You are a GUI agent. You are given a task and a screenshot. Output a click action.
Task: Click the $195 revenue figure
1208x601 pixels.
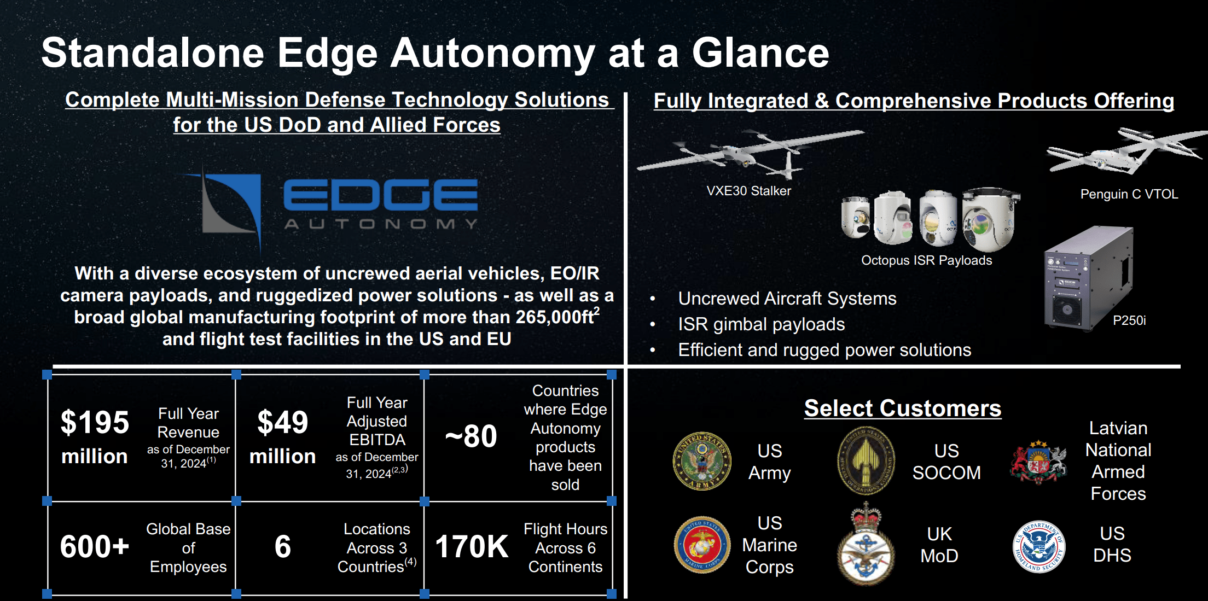point(95,423)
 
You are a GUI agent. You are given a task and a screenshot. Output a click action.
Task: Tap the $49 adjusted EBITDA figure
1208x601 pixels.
point(282,423)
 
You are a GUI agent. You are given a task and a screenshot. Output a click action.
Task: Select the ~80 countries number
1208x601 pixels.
point(471,436)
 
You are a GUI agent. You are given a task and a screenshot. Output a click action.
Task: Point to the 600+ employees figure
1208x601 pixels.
point(95,546)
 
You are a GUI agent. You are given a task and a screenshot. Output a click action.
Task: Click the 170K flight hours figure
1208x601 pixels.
point(472,546)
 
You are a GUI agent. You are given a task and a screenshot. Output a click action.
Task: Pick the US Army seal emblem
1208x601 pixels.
point(702,461)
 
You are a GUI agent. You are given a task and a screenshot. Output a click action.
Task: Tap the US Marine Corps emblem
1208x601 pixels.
point(702,545)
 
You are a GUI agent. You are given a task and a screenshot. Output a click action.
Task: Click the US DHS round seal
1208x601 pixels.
point(1038,546)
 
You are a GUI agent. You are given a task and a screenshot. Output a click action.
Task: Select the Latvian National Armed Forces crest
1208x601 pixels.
point(1038,462)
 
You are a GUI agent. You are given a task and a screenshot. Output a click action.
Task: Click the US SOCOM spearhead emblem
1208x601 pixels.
point(866,461)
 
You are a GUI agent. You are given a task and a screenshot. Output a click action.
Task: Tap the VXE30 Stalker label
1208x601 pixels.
point(748,191)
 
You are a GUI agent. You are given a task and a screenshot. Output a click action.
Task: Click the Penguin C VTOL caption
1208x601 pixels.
point(1129,194)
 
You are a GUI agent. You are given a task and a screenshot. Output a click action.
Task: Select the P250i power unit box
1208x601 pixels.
point(1088,279)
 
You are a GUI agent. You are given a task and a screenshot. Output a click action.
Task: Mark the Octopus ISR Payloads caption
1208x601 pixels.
point(926,260)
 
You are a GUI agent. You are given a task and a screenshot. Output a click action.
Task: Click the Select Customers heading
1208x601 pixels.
point(902,409)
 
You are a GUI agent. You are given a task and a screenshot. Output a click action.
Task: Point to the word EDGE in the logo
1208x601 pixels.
point(380,195)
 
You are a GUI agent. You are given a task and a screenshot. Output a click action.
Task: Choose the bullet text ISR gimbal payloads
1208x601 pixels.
point(761,324)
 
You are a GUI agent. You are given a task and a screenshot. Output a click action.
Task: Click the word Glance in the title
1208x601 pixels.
point(760,53)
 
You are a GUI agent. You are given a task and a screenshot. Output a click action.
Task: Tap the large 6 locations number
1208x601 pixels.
point(282,546)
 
